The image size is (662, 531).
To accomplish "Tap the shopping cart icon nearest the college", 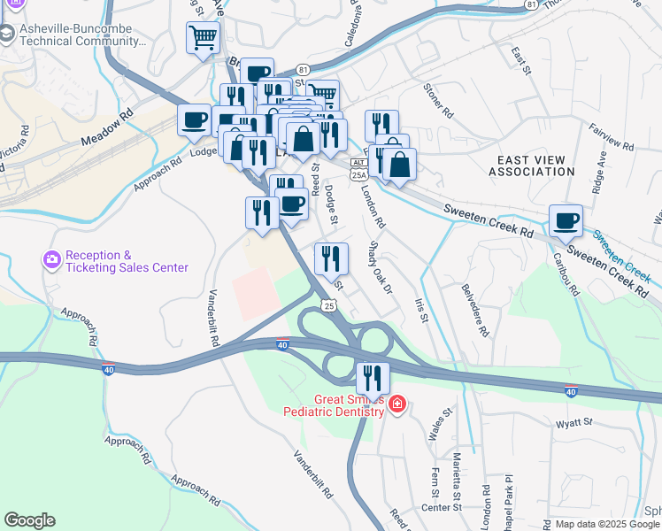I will pos(203,38).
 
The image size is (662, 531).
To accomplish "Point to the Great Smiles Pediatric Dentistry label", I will pos(334,405).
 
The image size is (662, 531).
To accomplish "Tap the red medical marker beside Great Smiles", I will pos(397,405).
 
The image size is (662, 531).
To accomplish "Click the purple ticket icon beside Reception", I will pos(51,260).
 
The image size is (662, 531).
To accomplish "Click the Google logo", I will pos(29,520).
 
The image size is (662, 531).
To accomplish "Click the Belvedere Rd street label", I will pos(474,310).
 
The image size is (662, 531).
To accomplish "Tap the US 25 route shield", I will pos(328,305).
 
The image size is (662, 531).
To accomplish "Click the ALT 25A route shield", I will pos(358,169).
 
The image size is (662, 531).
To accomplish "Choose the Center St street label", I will pos(442,507).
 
